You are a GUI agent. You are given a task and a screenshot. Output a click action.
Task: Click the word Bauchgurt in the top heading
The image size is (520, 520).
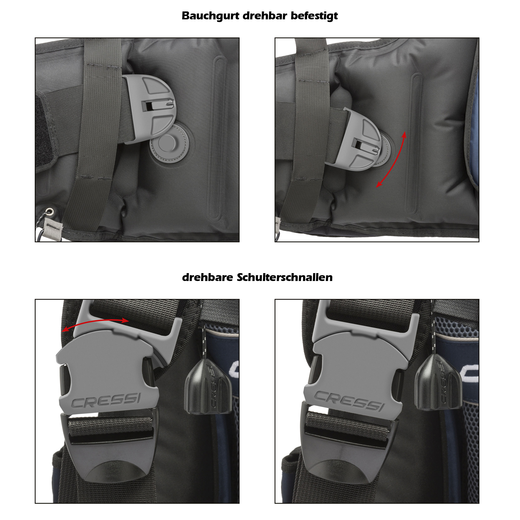[210, 16]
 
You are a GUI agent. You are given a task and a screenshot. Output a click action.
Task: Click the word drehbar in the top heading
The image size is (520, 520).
[265, 16]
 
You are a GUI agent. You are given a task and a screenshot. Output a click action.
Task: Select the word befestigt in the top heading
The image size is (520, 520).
[314, 16]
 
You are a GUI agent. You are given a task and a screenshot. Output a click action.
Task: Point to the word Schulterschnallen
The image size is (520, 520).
[285, 277]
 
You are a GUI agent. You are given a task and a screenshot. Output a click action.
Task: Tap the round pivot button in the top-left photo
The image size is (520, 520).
[167, 143]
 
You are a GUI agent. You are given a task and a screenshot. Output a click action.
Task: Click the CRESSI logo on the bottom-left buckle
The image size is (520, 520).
[106, 401]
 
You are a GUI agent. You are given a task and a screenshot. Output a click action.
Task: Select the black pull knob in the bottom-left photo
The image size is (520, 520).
[208, 386]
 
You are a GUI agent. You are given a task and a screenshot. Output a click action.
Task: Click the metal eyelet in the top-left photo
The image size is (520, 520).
[50, 212]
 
